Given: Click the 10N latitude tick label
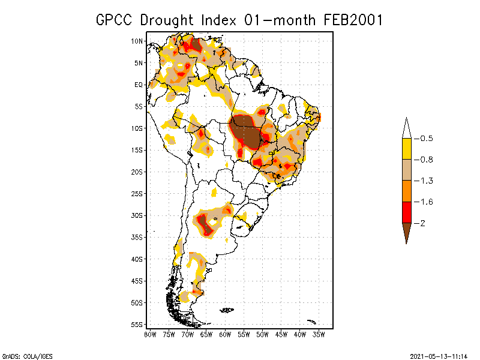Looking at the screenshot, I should pos(137,41).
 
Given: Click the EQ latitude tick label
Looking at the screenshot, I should pos(138,85).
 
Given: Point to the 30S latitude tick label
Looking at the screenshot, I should pos(137,215).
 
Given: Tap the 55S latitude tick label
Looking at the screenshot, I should pos(137,324).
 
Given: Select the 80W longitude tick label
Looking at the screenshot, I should pos(150,334).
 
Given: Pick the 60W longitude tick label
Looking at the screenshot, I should pos(225,334).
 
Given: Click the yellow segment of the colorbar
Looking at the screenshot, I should pos(406,149).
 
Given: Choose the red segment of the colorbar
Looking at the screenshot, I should pos(406,212).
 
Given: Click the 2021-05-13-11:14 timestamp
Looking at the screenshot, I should pos(439,355).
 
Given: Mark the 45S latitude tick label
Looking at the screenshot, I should pos(137,281).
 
